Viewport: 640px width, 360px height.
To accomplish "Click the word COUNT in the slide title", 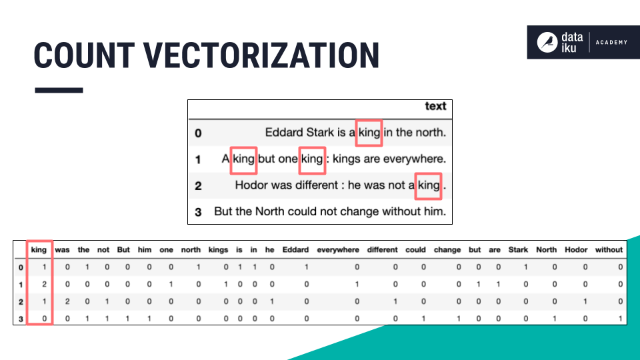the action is (84, 55).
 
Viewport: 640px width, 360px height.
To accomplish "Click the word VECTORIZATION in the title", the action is (261, 55).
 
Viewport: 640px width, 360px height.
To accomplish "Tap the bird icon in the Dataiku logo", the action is (547, 42).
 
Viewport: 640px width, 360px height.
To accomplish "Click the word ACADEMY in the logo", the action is (611, 42).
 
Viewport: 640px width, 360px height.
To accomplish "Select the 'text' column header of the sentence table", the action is (435, 106).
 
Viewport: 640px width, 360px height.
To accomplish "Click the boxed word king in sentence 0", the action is (369, 133).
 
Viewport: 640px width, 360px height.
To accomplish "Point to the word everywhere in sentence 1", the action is (413, 159).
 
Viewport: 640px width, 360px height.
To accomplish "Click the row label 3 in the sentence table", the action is (198, 212).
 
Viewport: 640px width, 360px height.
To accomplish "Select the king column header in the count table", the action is (39, 250).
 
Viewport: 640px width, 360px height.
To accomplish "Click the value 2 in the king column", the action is (44, 284).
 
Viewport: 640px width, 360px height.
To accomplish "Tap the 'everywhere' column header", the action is (338, 250).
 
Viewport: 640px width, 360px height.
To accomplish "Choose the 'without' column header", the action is (609, 250).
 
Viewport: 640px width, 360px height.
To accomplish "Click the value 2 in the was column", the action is (67, 301).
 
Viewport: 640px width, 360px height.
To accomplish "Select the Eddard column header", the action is (295, 250).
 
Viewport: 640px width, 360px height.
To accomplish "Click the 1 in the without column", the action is (621, 319).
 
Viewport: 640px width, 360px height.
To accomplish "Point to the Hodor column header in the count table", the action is (576, 250).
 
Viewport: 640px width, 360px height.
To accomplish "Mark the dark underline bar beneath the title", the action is (59, 90).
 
